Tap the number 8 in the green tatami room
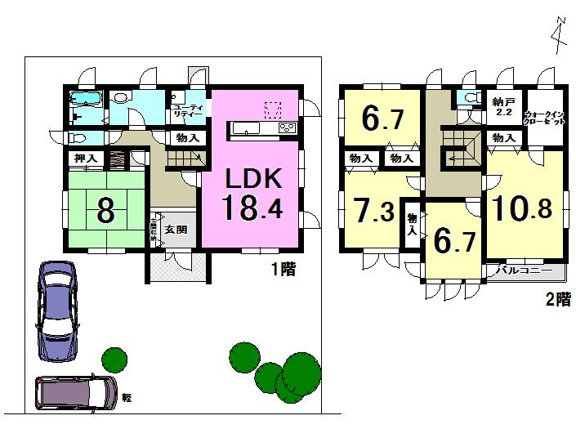tap(105, 211)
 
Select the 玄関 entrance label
tap(176, 230)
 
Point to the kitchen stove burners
tap(288, 128)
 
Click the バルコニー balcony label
tap(524, 270)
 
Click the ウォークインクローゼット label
tap(545, 118)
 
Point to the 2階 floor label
tap(558, 298)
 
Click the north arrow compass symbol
tap(557, 37)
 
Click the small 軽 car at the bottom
tap(75, 393)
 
